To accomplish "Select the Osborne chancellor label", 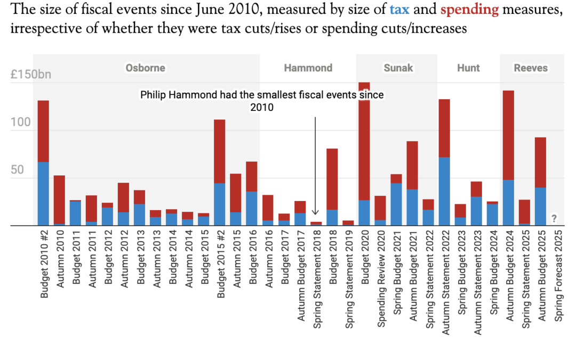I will point(145,68).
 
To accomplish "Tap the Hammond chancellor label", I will point(308,68).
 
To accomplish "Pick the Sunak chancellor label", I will point(398,68).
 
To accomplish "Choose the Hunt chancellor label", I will point(468,68).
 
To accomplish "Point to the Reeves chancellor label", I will point(531,68).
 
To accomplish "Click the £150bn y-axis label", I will point(31,74).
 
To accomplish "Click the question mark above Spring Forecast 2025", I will point(554,218).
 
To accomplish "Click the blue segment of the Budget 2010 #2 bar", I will point(43,194).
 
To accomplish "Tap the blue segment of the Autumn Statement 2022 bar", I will point(444,191).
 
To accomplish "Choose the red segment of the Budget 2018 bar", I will point(332,179).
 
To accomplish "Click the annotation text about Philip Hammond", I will point(262,100).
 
